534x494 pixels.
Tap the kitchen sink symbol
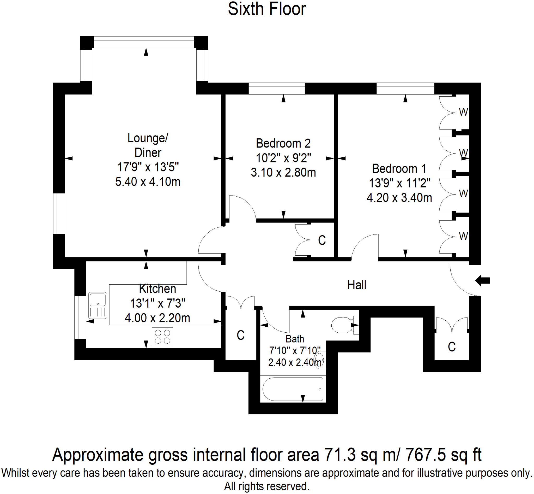[98, 305]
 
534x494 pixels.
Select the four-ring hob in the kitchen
[162, 337]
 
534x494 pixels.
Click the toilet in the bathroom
[343, 325]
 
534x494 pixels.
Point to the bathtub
[293, 389]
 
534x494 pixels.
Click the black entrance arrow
[482, 281]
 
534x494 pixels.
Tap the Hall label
[356, 285]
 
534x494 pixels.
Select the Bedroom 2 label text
[283, 144]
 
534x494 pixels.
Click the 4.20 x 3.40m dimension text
[399, 198]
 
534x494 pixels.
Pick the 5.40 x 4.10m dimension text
[148, 182]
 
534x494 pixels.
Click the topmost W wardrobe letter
[463, 112]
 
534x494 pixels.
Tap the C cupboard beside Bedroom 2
[322, 240]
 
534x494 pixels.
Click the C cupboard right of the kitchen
[240, 335]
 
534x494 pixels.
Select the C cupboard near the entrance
[452, 347]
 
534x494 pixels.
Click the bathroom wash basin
[320, 360]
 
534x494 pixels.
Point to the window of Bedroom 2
[277, 89]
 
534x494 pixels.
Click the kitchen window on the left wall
[80, 317]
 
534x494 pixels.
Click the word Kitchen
[157, 289]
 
